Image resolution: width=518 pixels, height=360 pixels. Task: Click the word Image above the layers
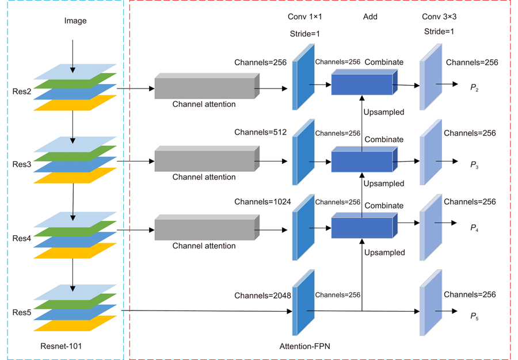coord(75,21)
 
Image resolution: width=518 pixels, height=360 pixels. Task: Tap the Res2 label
coord(22,91)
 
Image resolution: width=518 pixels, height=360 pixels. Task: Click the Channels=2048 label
coord(262,296)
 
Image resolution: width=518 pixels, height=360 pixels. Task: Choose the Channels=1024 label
coord(262,202)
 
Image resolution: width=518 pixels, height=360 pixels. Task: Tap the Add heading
coord(370,17)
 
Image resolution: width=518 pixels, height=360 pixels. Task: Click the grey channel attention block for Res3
coord(204,159)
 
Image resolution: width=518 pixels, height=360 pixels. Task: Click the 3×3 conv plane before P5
coord(430,302)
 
